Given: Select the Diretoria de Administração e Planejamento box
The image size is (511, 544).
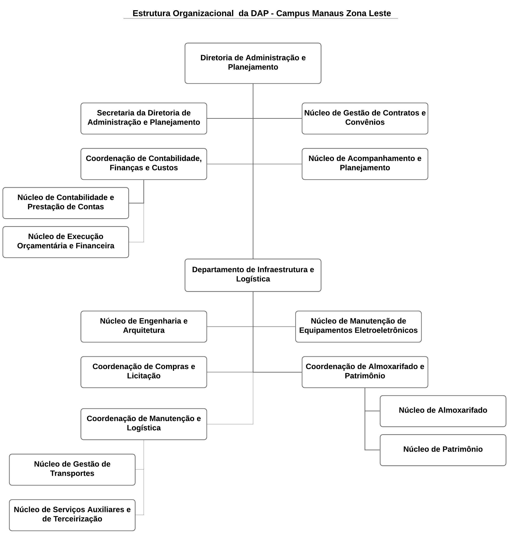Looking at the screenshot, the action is [x=253, y=63].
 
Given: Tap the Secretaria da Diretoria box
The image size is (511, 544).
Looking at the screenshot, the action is [x=144, y=119].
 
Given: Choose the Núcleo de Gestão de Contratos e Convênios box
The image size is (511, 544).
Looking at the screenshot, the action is [x=365, y=119].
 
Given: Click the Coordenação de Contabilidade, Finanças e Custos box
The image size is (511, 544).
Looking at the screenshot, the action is [x=144, y=164].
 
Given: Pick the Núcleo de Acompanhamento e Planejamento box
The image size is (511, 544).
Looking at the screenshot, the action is [x=365, y=164].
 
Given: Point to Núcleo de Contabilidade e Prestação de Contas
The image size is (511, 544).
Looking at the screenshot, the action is [x=66, y=203].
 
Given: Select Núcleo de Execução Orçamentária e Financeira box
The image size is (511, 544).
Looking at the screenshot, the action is [x=66, y=242].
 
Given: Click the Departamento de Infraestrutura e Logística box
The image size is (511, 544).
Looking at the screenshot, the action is [x=253, y=275].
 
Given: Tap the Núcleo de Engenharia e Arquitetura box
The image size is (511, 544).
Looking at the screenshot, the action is [x=144, y=326].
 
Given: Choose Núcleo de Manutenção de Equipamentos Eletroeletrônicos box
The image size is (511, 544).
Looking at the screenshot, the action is [x=358, y=326].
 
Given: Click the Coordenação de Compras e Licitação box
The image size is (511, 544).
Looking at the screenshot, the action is [x=144, y=372].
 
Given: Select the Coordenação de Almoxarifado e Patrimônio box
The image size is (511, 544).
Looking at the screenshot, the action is [x=365, y=372].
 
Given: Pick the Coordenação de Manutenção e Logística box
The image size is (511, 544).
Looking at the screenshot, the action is [x=144, y=424].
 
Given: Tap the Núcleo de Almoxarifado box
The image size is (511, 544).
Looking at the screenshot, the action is [x=443, y=411].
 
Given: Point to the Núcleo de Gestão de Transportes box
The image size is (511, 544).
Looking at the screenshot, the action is [x=72, y=470].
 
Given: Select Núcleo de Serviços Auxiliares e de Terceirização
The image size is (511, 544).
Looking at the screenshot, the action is [x=72, y=515].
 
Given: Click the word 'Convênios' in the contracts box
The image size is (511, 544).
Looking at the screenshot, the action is [x=365, y=122].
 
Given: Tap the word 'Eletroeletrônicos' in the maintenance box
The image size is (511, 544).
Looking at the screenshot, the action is [x=386, y=330].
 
